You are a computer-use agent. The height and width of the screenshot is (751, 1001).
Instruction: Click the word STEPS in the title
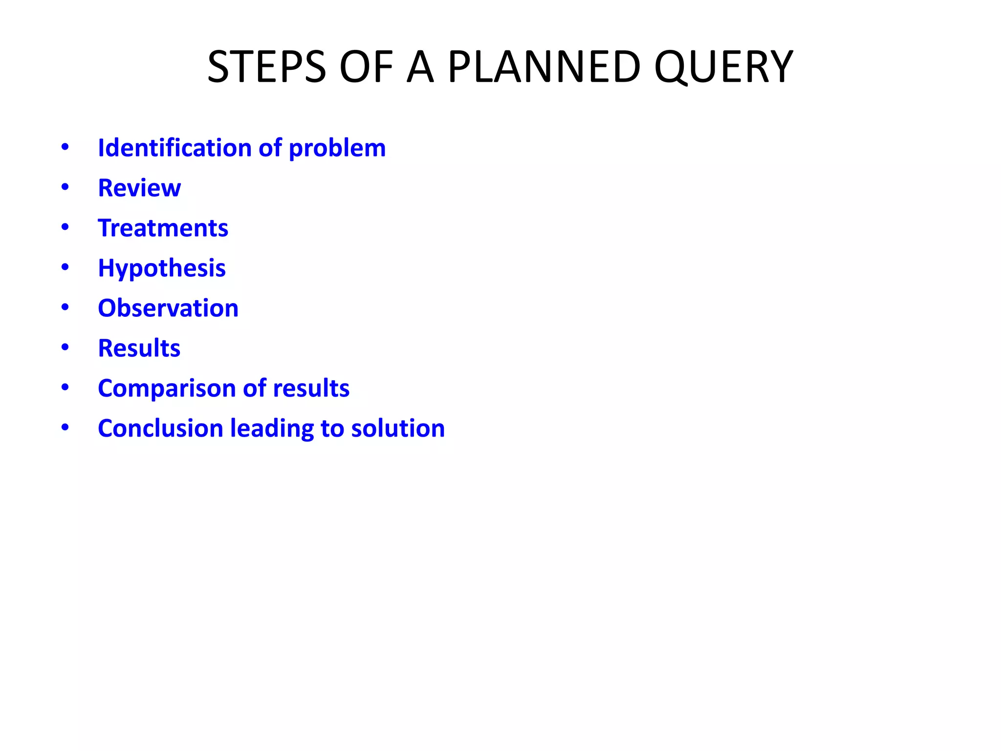pyautogui.click(x=266, y=67)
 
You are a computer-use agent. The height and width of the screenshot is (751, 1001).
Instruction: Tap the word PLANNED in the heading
pyautogui.click(x=544, y=67)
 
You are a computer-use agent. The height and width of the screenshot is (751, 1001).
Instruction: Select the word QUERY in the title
pyautogui.click(x=723, y=67)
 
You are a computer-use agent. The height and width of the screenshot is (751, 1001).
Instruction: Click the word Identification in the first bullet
pyautogui.click(x=174, y=148)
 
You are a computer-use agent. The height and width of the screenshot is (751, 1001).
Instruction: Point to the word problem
pyautogui.click(x=337, y=149)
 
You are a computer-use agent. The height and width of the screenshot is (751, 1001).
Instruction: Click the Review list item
pyautogui.click(x=139, y=188)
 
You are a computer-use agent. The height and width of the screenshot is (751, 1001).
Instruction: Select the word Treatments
pyautogui.click(x=163, y=228)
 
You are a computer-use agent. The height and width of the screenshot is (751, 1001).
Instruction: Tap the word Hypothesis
pyautogui.click(x=162, y=268)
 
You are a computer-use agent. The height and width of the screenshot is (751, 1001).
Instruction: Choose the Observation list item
pyautogui.click(x=168, y=308)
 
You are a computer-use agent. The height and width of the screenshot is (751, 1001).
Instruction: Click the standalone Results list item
pyautogui.click(x=139, y=348)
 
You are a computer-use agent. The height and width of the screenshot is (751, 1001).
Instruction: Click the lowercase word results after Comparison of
pyautogui.click(x=311, y=388)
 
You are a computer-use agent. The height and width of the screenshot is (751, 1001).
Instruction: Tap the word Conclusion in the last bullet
pyautogui.click(x=160, y=428)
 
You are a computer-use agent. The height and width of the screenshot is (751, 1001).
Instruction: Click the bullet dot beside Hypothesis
pyautogui.click(x=65, y=267)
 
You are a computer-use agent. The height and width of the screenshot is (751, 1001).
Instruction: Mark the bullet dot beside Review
pyautogui.click(x=65, y=187)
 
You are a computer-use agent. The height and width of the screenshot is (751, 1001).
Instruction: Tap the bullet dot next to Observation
pyautogui.click(x=65, y=308)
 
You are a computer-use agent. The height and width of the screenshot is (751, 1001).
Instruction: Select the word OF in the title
pyautogui.click(x=366, y=67)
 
